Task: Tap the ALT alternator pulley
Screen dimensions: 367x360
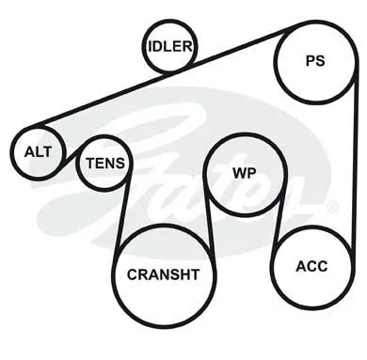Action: click(x=39, y=131)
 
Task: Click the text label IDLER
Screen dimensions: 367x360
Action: click(x=169, y=47)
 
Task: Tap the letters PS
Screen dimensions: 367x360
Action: click(x=315, y=61)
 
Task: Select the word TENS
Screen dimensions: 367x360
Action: click(x=105, y=164)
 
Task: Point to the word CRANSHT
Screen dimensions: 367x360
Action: click(x=163, y=274)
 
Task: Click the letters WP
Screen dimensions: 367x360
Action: click(x=244, y=173)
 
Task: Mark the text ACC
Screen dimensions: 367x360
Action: click(x=311, y=266)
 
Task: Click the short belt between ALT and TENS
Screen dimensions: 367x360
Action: click(x=71, y=156)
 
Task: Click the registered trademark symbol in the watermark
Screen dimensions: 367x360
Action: click(x=332, y=206)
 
